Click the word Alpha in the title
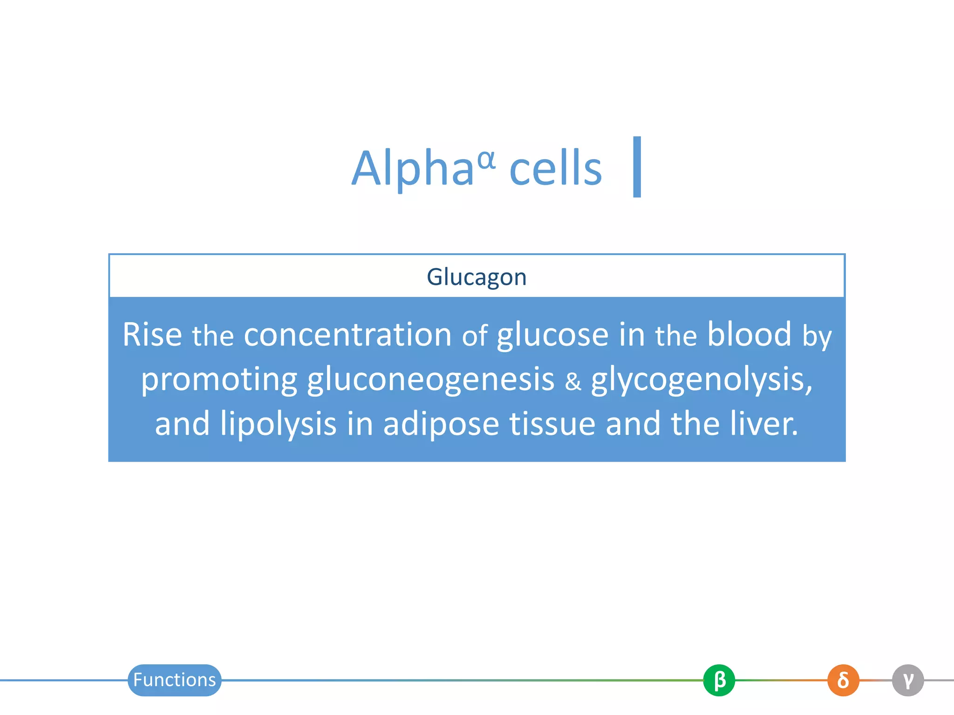coord(412,169)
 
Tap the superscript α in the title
coord(486,160)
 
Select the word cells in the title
coord(556,169)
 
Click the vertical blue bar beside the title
coord(637,167)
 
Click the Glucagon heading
coord(477,277)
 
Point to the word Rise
coord(152,334)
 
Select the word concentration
coord(348,334)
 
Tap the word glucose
coord(552,335)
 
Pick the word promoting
coord(219,380)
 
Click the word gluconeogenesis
coord(430,380)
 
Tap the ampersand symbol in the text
coord(573,381)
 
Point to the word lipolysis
coord(278,424)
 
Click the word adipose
coord(441,424)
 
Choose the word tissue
coord(552,423)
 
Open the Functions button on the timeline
coord(174,680)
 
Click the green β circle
coord(719,680)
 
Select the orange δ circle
coord(843,680)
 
